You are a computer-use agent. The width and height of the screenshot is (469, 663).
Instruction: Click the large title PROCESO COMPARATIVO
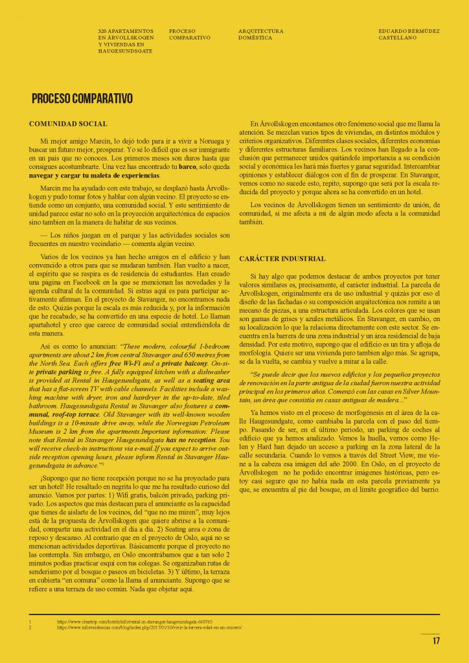[x=82, y=99]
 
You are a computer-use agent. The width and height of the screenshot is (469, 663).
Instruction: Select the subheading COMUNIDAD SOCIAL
[x=69, y=124]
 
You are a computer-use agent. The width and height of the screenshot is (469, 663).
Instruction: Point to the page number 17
[x=436, y=641]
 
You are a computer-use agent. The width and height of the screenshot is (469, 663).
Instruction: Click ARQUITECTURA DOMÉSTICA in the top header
[x=260, y=34]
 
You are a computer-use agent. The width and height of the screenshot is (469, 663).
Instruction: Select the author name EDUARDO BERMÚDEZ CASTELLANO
[x=407, y=34]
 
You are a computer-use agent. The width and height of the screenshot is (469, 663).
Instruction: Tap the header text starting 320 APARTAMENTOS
[x=126, y=41]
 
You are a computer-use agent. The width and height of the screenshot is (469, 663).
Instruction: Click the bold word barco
[x=188, y=166]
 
